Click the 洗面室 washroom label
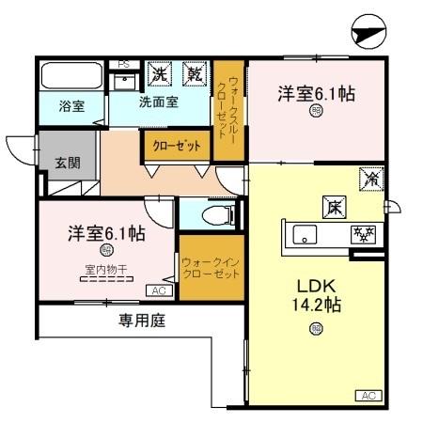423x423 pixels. click(x=159, y=102)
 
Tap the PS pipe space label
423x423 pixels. click(x=122, y=64)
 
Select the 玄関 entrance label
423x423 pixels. click(x=67, y=163)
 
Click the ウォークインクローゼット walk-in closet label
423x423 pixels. click(x=211, y=265)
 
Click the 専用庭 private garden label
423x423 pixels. click(x=141, y=321)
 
